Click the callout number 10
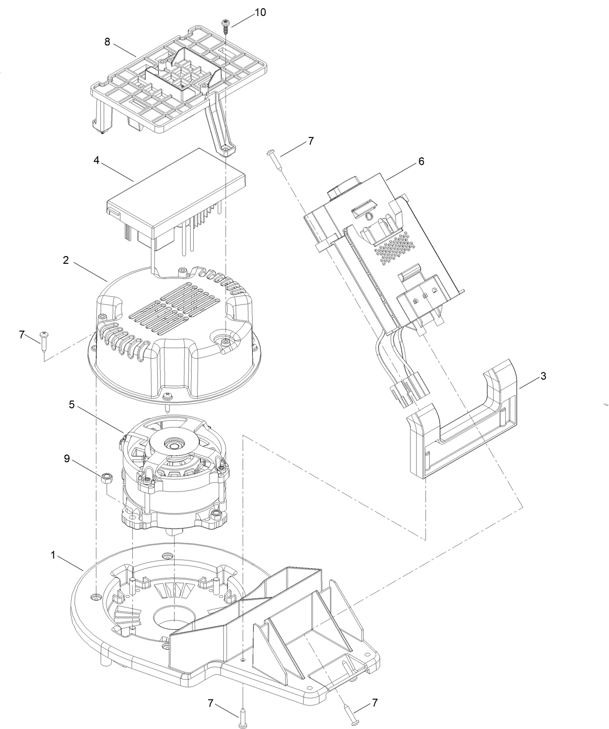tap(260, 12)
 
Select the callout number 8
tap(107, 42)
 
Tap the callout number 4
tap(96, 160)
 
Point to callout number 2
tap(65, 260)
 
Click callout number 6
tap(421, 161)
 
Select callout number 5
tap(72, 405)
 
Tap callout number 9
tap(67, 458)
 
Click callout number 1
tap(53, 555)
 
